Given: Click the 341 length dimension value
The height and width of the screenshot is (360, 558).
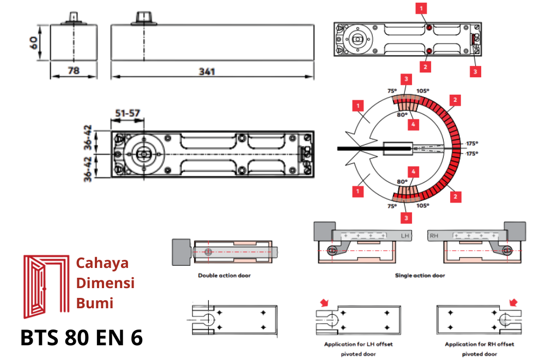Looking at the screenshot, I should (207, 71).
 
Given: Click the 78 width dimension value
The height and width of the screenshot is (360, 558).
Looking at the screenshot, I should (73, 71).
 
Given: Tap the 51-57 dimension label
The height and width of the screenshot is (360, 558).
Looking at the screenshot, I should (128, 113).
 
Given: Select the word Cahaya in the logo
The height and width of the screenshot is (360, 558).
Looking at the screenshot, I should (102, 263).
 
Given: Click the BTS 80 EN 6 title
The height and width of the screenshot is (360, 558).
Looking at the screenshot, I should (82, 338).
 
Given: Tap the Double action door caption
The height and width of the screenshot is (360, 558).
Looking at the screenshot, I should (225, 276).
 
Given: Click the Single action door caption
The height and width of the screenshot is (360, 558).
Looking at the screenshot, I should (420, 276).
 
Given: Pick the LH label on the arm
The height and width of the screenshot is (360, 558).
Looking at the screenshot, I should (405, 235).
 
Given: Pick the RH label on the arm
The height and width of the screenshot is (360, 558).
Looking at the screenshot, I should (434, 235).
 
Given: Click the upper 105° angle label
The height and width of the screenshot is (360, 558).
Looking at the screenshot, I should (423, 91).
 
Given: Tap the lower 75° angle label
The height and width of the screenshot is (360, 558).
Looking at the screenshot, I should (392, 206).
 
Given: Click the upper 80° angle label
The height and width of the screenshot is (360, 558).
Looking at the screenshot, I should (402, 115).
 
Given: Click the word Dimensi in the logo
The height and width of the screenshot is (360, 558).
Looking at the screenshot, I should (106, 283).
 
